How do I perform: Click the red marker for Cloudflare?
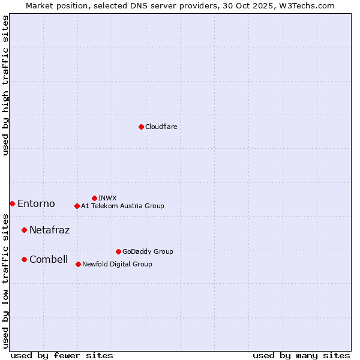141,127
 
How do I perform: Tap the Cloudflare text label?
161,127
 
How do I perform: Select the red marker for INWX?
94,198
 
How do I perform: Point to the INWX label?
107,198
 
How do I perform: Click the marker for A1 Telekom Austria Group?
77,206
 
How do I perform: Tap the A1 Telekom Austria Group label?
122,206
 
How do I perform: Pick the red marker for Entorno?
12,203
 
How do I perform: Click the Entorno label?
36,204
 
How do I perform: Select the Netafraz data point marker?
24,230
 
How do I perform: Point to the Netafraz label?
49,230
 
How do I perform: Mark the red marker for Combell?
24,259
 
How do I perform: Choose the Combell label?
49,259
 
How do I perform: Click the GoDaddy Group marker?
118,251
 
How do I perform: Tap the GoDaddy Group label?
148,251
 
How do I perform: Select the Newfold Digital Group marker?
78,264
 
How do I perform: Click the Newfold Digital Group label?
117,264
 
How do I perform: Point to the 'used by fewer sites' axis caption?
62,355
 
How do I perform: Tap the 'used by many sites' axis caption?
301,355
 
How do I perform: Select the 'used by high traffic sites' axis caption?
5,85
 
